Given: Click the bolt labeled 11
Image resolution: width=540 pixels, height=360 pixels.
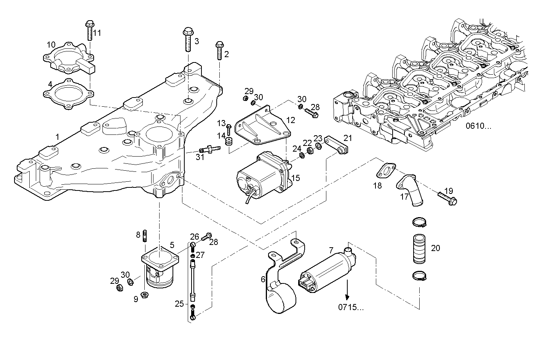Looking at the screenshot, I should click(x=89, y=30).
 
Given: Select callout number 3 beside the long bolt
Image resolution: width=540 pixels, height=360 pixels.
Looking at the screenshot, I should click(x=197, y=41).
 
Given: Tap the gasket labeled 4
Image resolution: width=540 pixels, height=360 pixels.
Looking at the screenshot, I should click(x=68, y=94).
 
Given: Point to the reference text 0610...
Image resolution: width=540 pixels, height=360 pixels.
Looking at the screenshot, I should click(x=478, y=126).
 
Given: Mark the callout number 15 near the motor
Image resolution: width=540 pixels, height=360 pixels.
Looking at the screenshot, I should click(x=296, y=178).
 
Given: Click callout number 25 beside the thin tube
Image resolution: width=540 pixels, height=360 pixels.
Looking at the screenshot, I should click(x=179, y=304).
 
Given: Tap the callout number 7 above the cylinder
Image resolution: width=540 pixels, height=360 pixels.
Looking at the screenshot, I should click(x=331, y=250).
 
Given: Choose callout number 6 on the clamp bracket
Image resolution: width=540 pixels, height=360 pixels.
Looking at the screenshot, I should click(x=263, y=279).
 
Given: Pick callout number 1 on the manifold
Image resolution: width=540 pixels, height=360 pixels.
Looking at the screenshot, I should click(x=57, y=137).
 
